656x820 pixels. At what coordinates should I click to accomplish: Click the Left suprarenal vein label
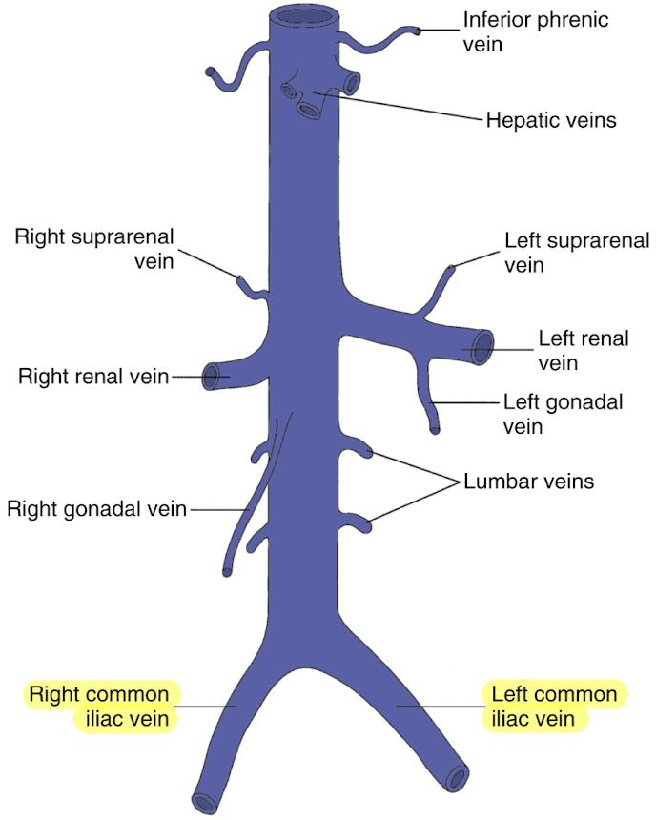pyautogui.click(x=577, y=253)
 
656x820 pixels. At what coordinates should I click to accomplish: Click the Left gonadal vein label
pyautogui.click(x=563, y=415)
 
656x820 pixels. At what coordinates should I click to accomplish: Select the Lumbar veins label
pyautogui.click(x=528, y=482)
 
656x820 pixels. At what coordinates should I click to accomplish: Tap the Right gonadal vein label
pyautogui.click(x=97, y=508)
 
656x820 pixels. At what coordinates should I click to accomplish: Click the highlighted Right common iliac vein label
pyautogui.click(x=100, y=706)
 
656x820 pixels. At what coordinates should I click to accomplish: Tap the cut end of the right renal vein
pyautogui.click(x=212, y=373)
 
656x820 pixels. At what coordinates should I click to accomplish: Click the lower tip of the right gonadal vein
pyautogui.click(x=227, y=571)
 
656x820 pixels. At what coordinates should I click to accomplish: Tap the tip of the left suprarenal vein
pyautogui.click(x=451, y=269)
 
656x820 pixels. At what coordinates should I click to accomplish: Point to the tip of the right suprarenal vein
pyautogui.click(x=240, y=279)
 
